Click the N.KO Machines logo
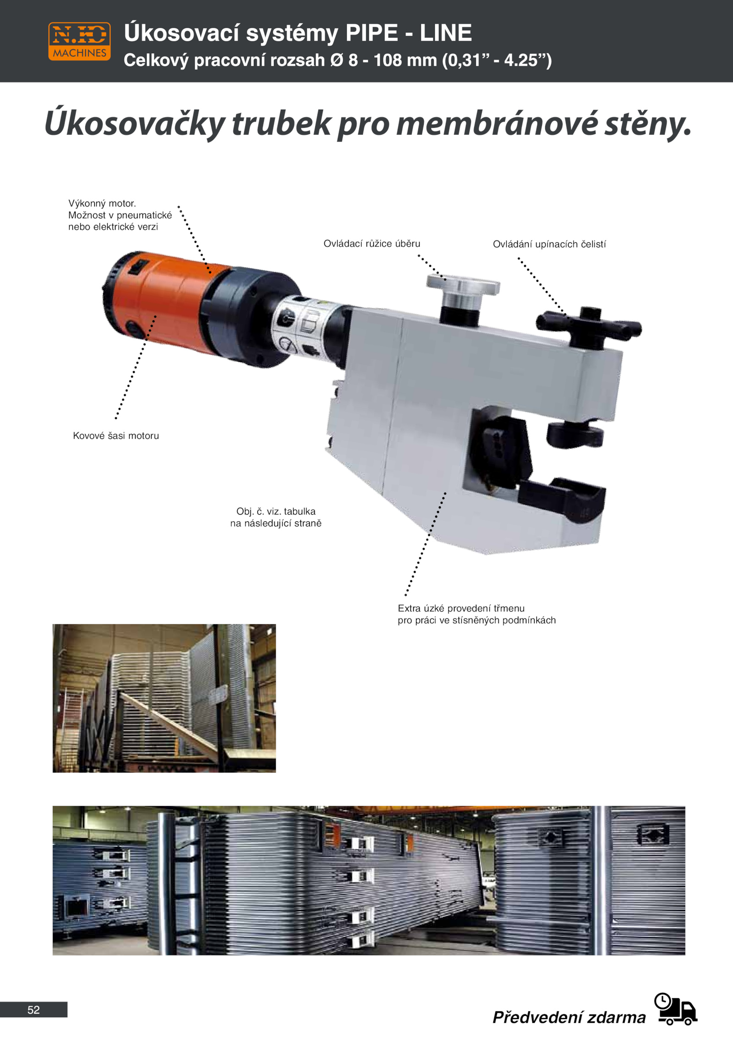[x=79, y=41]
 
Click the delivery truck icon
[x=676, y=1010]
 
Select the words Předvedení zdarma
[x=569, y=1017]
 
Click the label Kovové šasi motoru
[x=116, y=436]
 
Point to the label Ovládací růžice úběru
[x=372, y=244]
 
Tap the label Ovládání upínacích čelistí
[x=549, y=244]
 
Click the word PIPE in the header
[x=372, y=33]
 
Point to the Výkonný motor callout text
[x=120, y=215]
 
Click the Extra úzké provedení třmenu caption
[x=477, y=614]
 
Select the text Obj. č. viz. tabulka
[x=276, y=511]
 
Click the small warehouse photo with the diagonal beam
[x=164, y=698]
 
